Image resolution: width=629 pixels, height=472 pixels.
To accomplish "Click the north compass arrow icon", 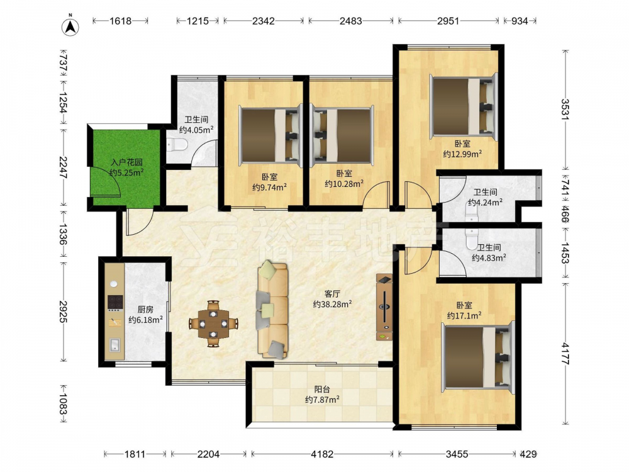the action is (x=70, y=26).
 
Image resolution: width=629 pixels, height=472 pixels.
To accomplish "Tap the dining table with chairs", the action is (x=213, y=323).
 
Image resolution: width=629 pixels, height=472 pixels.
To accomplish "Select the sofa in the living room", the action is (x=273, y=309).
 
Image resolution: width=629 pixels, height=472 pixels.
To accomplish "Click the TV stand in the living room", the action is (x=384, y=308).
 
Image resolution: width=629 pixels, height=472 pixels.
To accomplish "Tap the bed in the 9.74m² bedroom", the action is (x=270, y=135).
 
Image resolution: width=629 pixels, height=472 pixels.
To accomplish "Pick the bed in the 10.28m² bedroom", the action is (x=342, y=135).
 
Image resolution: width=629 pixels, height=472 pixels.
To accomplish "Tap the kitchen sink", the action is (x=114, y=345).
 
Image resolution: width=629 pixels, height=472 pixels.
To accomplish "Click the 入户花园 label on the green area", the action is (x=126, y=162).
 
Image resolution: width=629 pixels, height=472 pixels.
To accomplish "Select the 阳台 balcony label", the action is (x=322, y=390).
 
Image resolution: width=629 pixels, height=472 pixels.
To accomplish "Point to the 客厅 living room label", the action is (x=333, y=294).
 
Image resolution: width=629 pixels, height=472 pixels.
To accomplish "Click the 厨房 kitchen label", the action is (x=145, y=310).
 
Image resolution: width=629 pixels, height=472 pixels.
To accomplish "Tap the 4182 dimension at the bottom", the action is (x=322, y=454).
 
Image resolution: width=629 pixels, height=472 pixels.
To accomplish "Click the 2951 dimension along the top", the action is (x=448, y=21).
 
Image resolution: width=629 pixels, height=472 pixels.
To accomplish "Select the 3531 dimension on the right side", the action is (x=565, y=109).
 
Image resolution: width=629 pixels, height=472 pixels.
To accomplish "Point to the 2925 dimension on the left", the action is (x=63, y=312).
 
